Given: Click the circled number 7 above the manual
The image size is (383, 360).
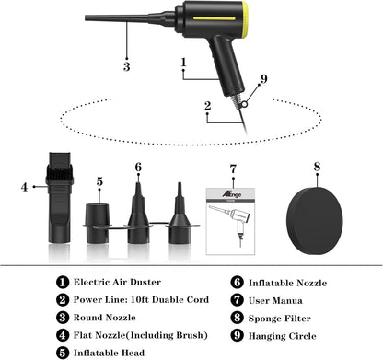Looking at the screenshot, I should click(x=233, y=168).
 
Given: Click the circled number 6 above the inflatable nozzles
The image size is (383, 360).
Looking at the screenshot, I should click(x=138, y=168).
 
